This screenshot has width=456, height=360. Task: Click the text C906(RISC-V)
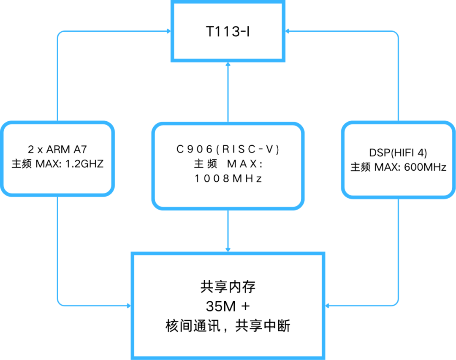pyautogui.click(x=228, y=149)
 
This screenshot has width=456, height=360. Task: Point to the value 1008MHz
pyautogui.click(x=228, y=179)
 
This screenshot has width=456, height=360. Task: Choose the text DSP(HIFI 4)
pyautogui.click(x=398, y=153)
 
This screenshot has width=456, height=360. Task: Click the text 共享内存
pyautogui.click(x=228, y=287)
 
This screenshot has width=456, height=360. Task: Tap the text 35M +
pyautogui.click(x=228, y=306)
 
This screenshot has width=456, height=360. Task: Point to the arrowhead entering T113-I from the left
pyautogui.click(x=168, y=31)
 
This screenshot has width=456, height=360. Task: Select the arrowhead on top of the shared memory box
pyautogui.click(x=228, y=249)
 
